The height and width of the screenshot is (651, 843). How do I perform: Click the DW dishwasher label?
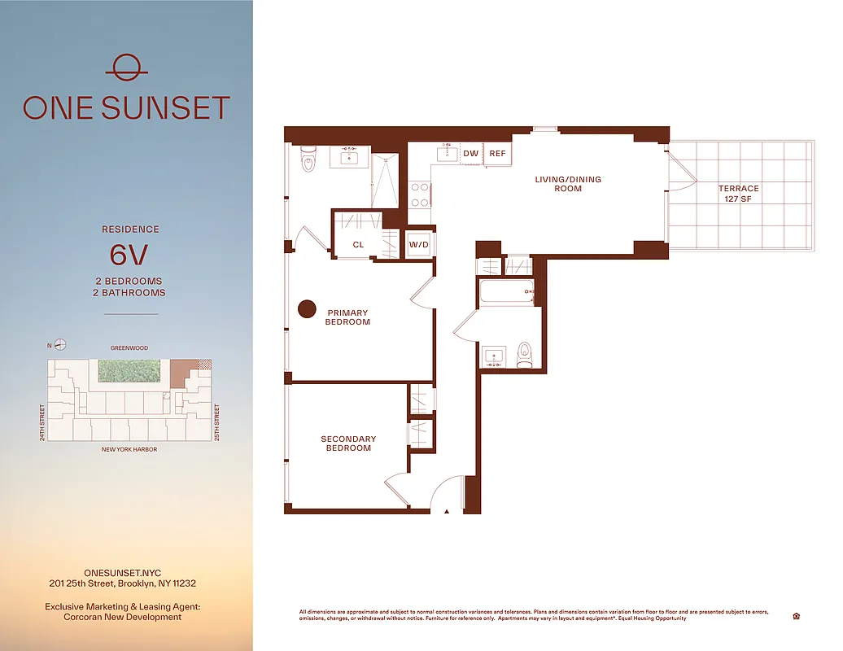[470, 153]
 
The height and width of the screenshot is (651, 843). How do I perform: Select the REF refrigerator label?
[497, 153]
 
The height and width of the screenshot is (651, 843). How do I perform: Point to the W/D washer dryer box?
[419, 244]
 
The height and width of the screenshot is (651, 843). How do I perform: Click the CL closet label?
[358, 244]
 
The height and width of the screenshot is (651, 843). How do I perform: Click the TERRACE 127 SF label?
[738, 194]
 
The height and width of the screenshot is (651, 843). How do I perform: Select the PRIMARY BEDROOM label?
[348, 317]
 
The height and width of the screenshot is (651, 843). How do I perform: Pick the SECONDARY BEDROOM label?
[348, 443]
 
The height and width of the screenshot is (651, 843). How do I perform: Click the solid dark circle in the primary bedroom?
[307, 309]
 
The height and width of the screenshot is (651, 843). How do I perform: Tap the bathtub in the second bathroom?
[506, 292]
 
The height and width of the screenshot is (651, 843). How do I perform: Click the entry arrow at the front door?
[447, 512]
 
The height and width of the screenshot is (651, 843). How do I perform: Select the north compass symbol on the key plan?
[59, 345]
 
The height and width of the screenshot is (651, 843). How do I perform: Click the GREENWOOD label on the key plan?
[130, 348]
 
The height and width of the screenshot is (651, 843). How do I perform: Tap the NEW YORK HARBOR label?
[129, 449]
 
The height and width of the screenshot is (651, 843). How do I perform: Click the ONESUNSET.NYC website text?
[122, 572]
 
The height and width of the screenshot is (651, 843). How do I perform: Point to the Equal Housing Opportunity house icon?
[795, 616]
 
